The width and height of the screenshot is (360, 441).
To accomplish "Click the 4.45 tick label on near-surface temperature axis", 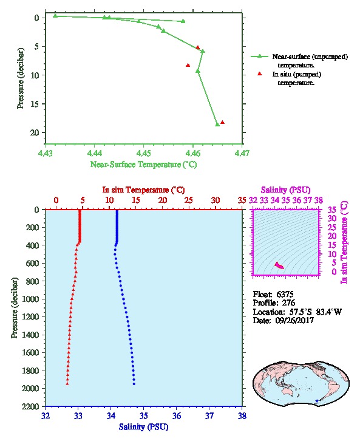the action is point(143,154).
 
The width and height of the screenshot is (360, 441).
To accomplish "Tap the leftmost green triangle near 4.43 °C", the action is point(55,16).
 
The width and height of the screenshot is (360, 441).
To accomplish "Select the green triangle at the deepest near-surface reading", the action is point(217,125).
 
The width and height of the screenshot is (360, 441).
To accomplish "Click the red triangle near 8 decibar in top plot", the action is point(188,65).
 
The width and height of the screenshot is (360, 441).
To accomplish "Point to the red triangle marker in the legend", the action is point(260,73).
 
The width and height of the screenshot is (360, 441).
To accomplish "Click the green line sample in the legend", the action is point(259,56).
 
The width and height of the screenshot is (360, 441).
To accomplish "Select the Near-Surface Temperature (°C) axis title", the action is point(143,165).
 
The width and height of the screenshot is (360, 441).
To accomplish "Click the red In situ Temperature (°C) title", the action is point(143,190).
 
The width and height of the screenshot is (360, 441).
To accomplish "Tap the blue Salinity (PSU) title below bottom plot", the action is point(143,427).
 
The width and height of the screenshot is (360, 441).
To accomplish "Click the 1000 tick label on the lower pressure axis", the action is point(31,299).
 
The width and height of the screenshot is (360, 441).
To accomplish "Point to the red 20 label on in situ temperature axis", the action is point(163,200).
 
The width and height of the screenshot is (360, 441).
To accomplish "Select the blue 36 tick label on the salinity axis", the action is point(177,415).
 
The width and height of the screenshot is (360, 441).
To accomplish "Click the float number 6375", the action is point(285,295).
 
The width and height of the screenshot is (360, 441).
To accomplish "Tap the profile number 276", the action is point(288,303).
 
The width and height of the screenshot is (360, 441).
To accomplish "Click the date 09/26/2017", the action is point(294,320).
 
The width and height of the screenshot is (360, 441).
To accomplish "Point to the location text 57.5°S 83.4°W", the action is point(313,312).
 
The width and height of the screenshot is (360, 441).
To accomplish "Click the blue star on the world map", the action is point(317,401).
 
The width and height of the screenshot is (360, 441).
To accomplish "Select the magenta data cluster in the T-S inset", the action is point(279,265).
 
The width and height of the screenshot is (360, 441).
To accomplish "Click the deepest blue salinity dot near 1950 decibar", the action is point(134,384).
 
